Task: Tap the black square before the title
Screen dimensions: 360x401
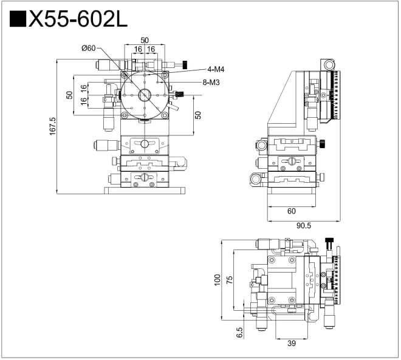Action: click(18, 21)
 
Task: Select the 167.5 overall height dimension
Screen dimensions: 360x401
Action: click(52, 127)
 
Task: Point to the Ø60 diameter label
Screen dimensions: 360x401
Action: click(87, 49)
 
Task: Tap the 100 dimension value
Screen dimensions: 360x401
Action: click(217, 280)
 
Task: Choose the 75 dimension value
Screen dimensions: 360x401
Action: click(229, 280)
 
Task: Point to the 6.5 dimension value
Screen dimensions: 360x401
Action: click(239, 332)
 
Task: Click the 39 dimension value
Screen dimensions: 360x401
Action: click(291, 344)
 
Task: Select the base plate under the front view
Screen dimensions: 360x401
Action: click(144, 191)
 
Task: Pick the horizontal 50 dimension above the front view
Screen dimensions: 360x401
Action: click(145, 40)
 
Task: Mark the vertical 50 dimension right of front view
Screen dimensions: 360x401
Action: click(197, 115)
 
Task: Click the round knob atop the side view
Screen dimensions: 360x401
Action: click(329, 64)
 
